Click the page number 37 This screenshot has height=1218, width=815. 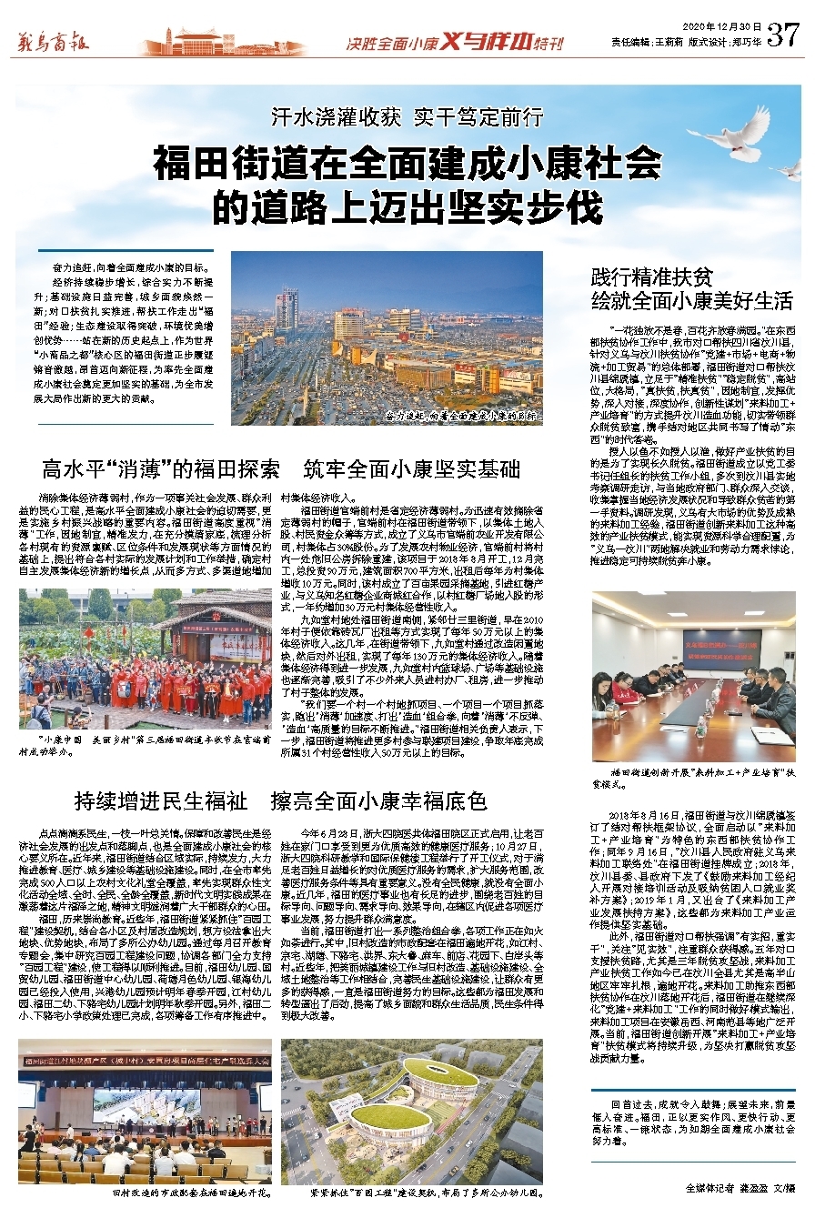pos(782,34)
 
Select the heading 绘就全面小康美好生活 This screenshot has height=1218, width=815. pos(692,302)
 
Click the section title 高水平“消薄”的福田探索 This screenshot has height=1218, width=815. pos(161,469)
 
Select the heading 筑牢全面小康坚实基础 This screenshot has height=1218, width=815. pos(412,469)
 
